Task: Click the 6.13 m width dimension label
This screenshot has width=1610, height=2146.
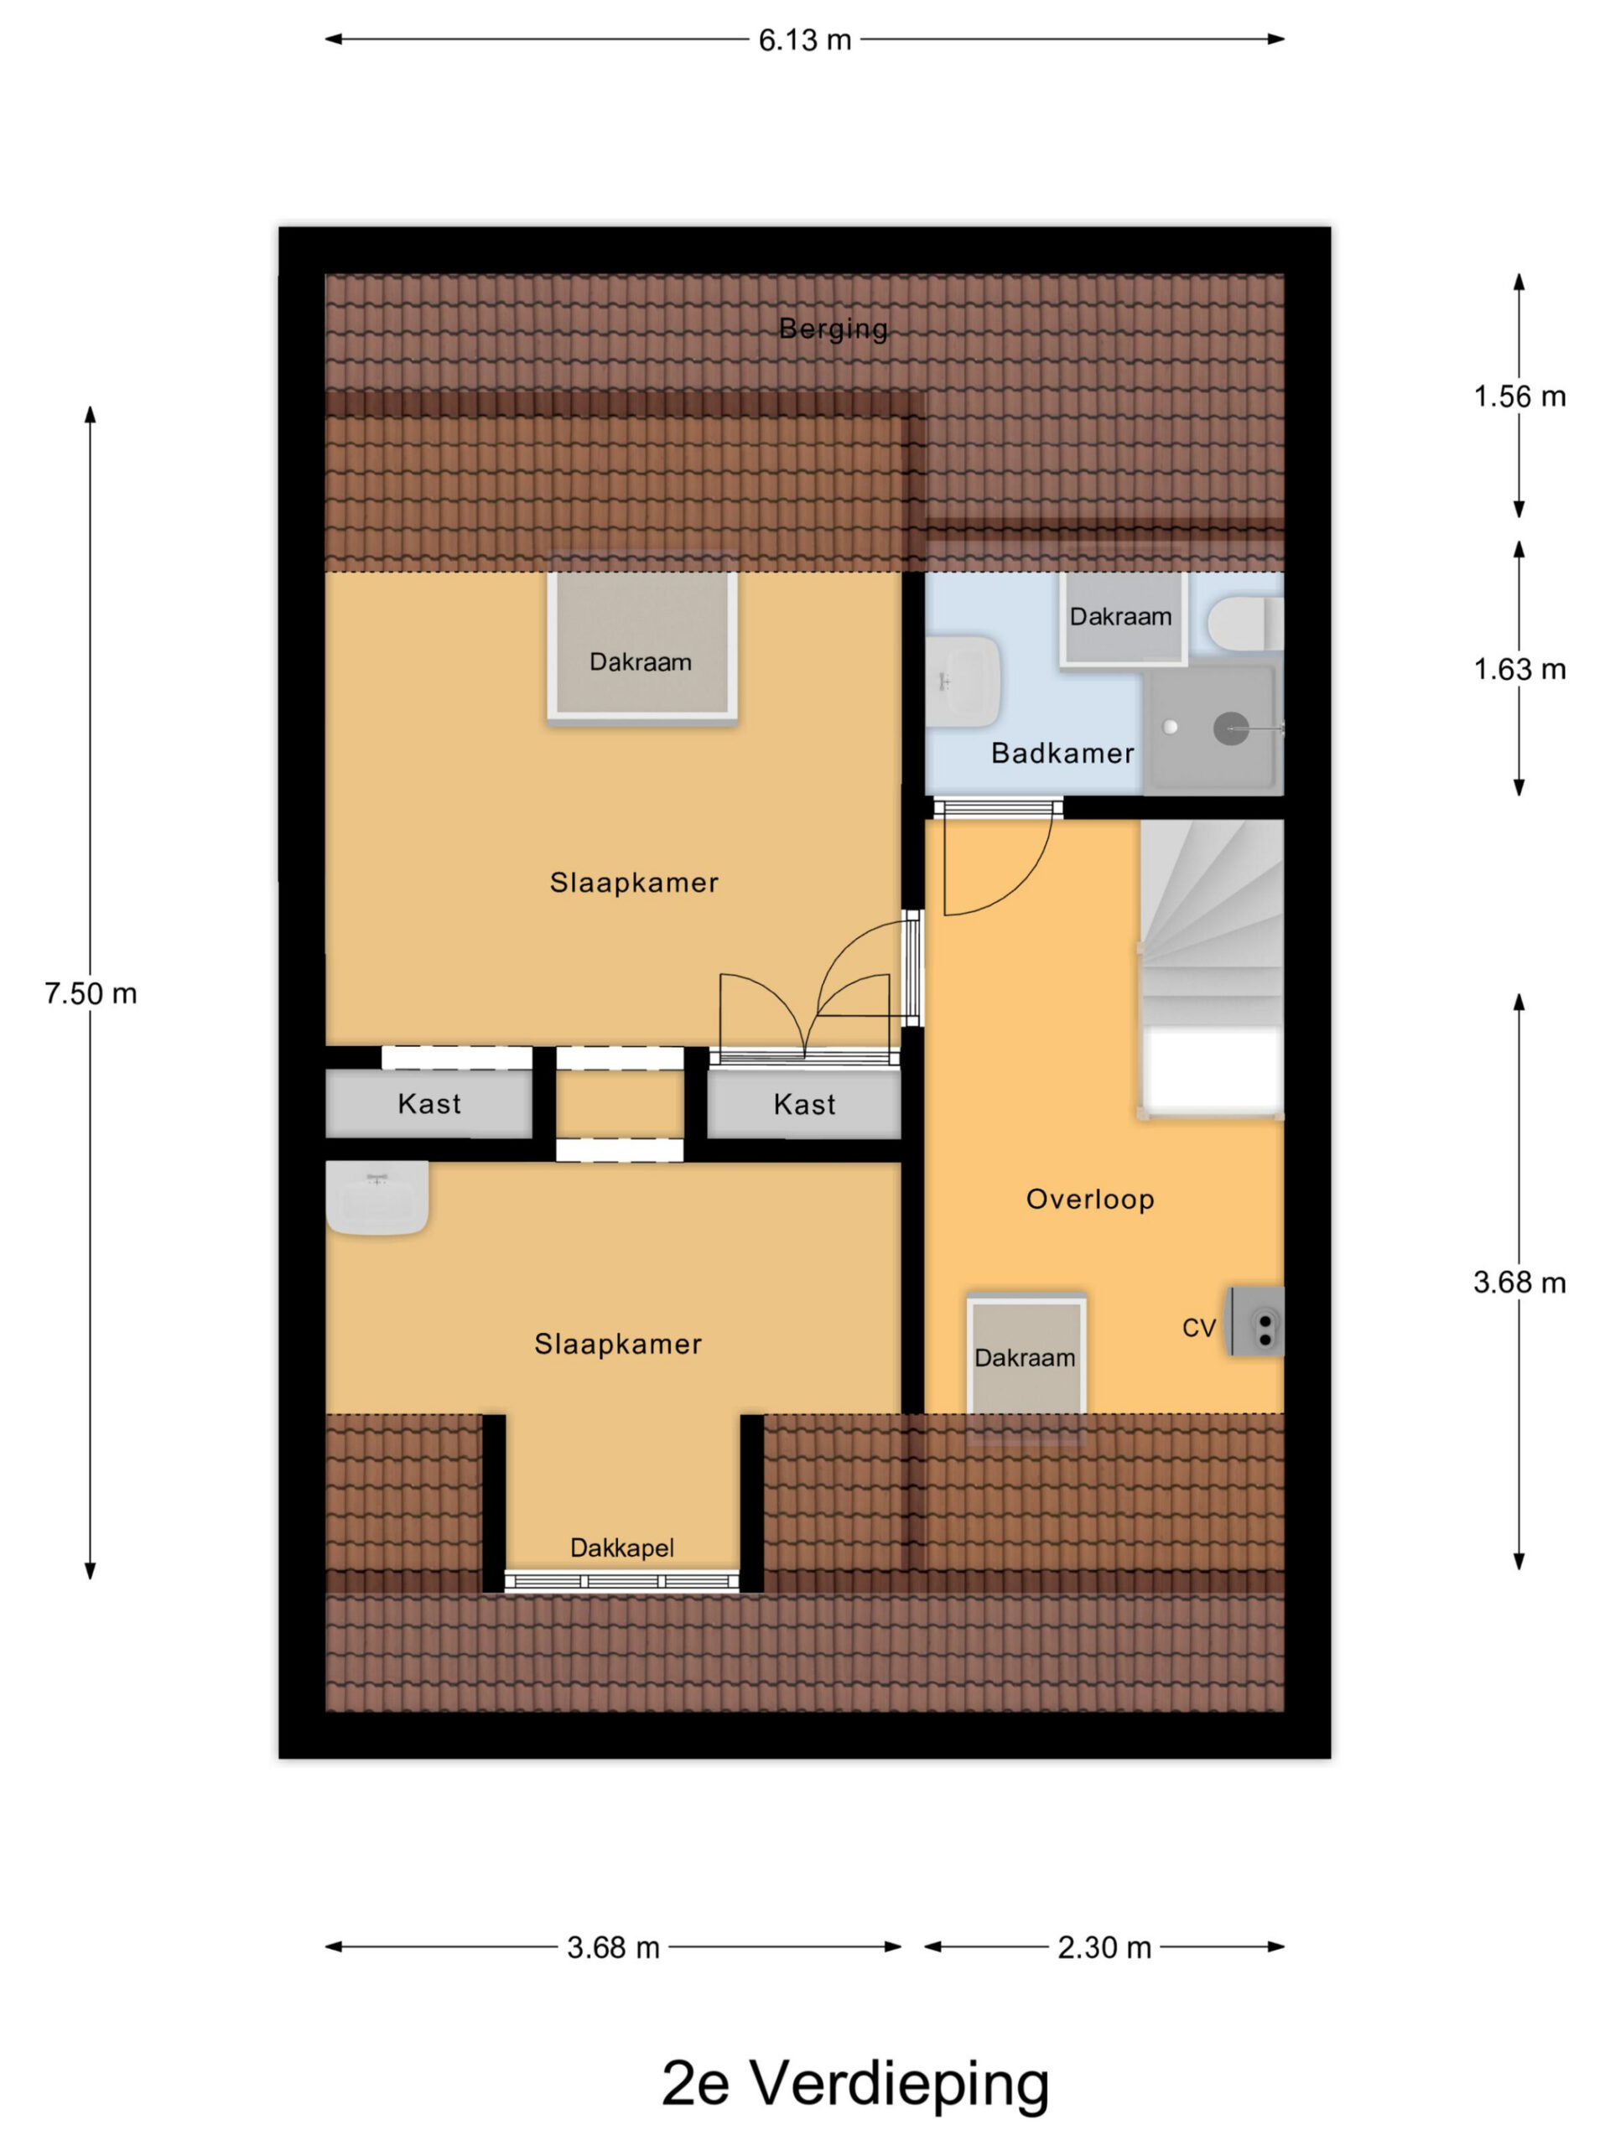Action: (x=804, y=39)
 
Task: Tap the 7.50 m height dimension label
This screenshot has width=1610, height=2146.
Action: (x=91, y=993)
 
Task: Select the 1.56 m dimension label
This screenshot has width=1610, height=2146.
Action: (x=1519, y=396)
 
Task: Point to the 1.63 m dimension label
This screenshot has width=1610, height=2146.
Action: (x=1519, y=670)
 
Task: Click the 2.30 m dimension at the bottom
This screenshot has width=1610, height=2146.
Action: (x=1104, y=1947)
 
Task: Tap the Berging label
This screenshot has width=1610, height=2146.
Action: (x=834, y=329)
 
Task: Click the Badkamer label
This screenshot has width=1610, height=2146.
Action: (x=1062, y=754)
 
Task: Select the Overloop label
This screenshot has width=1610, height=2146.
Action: (x=1091, y=1199)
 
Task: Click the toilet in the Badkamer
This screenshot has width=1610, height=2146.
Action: (x=1245, y=623)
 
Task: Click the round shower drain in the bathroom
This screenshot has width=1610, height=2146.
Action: (x=1230, y=728)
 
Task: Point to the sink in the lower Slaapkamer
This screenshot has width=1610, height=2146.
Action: (x=377, y=1199)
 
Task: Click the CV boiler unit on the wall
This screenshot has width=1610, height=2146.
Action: (x=1256, y=1321)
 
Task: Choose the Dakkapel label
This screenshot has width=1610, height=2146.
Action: (x=622, y=1547)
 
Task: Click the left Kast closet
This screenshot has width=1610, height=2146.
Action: (x=429, y=1103)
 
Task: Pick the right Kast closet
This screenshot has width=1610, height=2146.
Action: (x=804, y=1104)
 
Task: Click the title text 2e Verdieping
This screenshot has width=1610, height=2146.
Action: (x=855, y=2083)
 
